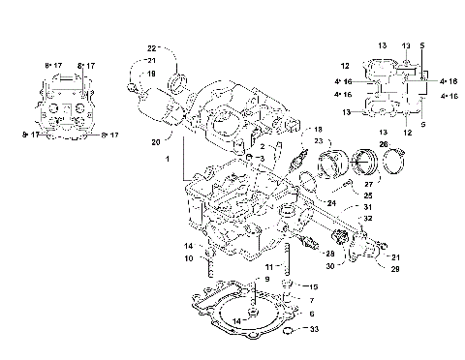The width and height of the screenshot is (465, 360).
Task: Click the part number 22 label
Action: [152, 48]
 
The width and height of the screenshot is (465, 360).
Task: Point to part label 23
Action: [317, 140]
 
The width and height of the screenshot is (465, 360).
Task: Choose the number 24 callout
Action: [331, 203]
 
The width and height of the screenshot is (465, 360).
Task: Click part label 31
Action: [367, 207]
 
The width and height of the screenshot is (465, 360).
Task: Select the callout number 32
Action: [367, 221]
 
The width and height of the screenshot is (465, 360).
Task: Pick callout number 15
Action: [313, 287]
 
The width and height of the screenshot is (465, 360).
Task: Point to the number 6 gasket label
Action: [311, 314]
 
